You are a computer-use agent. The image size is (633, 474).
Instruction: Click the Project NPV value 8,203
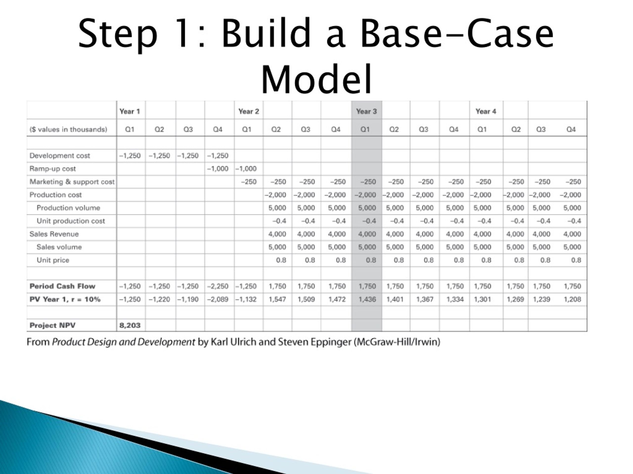(x=130, y=325)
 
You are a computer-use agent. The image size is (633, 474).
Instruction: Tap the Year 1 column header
(x=130, y=111)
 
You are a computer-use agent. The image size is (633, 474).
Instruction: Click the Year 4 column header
(x=486, y=111)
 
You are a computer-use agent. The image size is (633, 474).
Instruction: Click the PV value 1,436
(x=367, y=299)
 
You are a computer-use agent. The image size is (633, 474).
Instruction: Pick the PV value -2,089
(x=218, y=299)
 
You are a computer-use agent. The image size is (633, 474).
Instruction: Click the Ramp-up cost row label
(x=53, y=169)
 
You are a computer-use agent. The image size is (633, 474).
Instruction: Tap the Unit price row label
(x=53, y=260)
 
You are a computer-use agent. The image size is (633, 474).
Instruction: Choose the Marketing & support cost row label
(x=72, y=182)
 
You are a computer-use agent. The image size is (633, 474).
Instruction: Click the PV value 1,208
(x=572, y=299)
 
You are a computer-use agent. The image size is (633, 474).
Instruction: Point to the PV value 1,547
(x=277, y=299)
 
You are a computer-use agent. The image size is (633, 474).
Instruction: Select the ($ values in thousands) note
(x=68, y=129)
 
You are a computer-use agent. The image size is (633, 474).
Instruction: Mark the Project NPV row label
(x=53, y=325)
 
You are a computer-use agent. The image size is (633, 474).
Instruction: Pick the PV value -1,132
(x=246, y=299)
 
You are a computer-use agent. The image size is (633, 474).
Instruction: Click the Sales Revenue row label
(x=54, y=234)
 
